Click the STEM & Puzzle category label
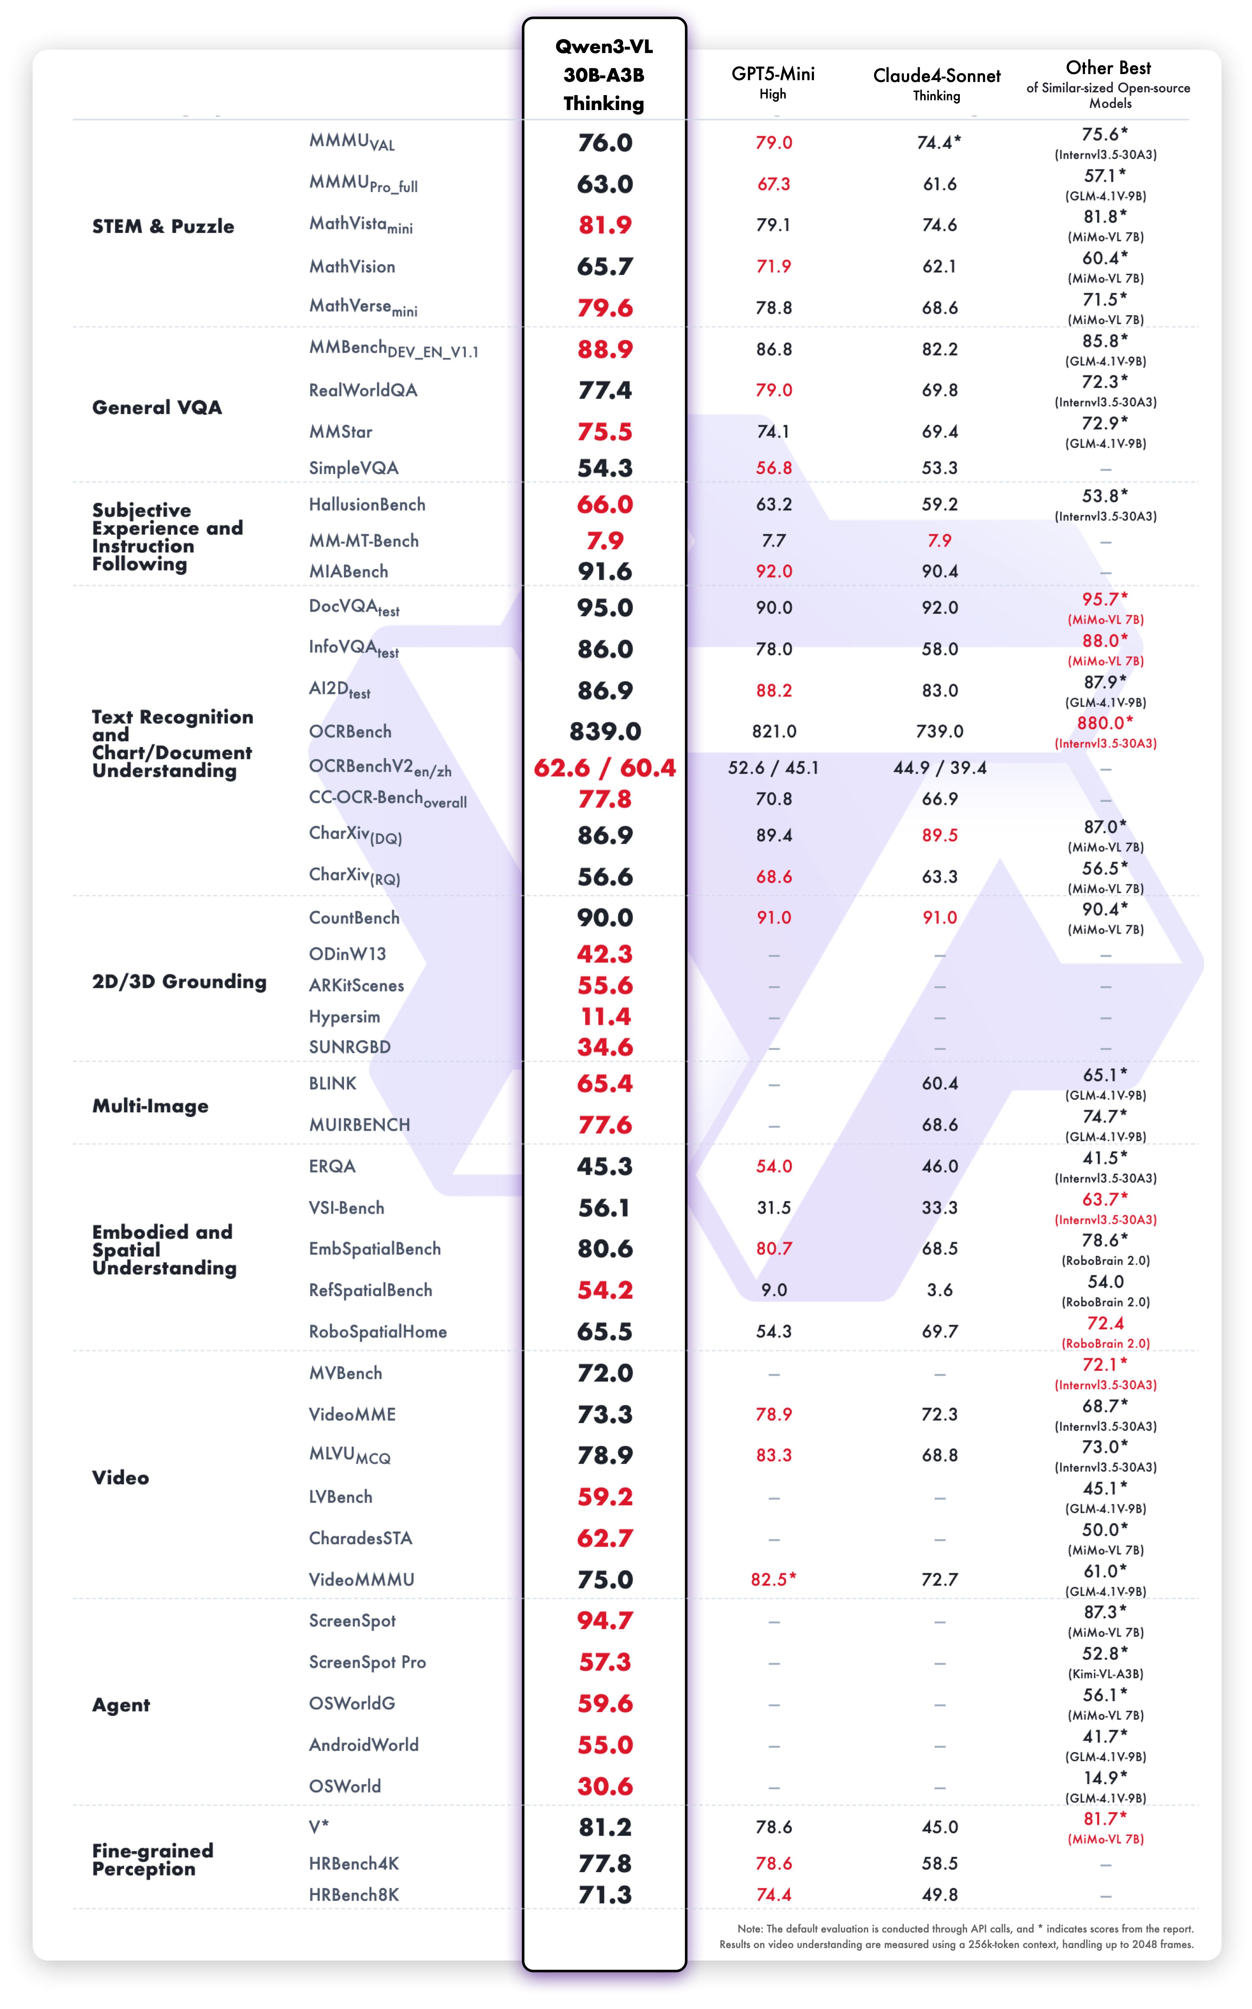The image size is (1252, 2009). pos(163,226)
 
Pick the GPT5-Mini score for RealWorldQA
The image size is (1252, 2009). pos(774,390)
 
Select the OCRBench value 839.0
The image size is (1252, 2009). pos(604,731)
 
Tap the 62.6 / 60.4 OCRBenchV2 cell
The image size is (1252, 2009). pos(604,768)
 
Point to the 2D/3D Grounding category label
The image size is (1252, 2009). pos(179,981)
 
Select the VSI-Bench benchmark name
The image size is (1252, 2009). pos(346,1207)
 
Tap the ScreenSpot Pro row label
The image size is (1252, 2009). pos(367,1662)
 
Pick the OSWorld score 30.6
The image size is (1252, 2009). pos(604,1786)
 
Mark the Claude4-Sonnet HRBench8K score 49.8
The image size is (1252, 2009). pos(939,1895)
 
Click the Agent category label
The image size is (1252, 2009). pos(121,1705)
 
